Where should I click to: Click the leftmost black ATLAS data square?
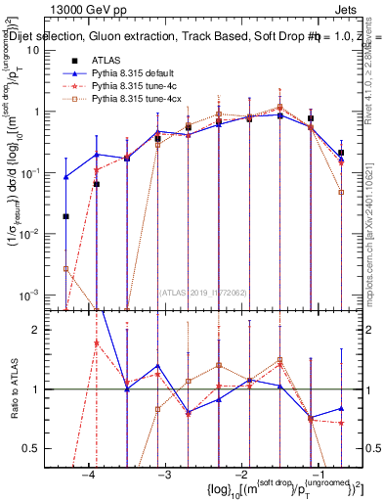[65, 217]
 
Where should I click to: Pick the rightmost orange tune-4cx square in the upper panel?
[341, 193]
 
